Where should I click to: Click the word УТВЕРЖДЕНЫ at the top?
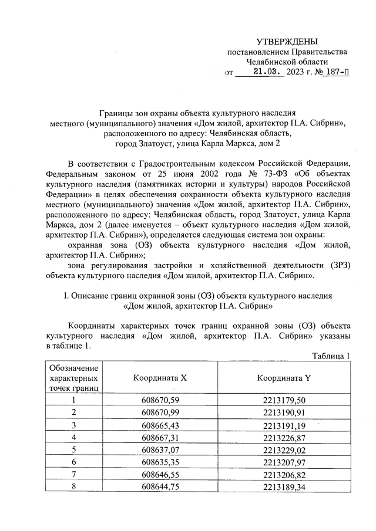287,41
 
